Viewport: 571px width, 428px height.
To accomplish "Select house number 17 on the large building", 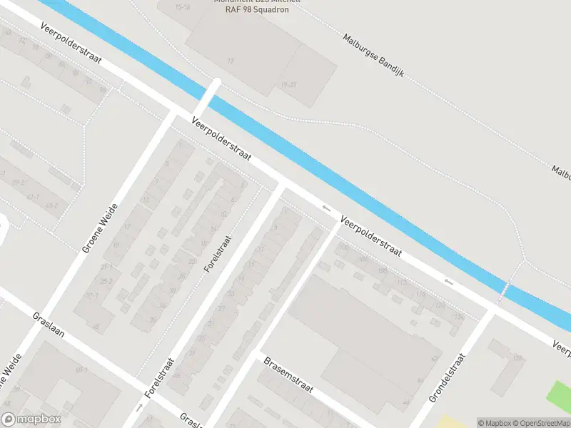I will click(231, 62).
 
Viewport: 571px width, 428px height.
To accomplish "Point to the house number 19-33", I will click(289, 84).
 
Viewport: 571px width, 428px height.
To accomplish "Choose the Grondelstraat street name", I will click(447, 378).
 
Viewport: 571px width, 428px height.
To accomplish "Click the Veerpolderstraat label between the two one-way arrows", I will click(371, 236).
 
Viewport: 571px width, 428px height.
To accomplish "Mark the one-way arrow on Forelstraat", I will click(140, 407).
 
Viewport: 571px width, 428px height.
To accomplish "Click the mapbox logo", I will click(31, 419).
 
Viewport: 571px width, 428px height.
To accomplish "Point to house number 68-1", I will click(81, 370).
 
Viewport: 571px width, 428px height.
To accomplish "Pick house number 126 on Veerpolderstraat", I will click(459, 317).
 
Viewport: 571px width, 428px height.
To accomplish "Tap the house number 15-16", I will click(183, 7).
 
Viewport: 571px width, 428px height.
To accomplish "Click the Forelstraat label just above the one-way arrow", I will click(159, 377).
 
